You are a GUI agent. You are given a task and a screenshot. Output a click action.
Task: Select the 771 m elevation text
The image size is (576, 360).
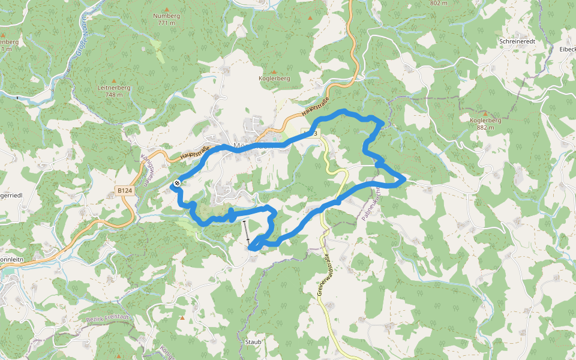[x=166, y=23]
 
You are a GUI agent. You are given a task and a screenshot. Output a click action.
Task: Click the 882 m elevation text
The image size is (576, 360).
[x=485, y=127]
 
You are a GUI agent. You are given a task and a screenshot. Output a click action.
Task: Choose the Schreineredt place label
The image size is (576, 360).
[x=516, y=41]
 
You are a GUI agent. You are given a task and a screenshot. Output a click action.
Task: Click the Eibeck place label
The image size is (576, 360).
[x=567, y=49]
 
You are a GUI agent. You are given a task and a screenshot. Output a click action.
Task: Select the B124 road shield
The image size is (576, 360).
[x=125, y=191]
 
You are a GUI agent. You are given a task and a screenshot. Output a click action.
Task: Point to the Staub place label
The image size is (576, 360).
[x=253, y=341]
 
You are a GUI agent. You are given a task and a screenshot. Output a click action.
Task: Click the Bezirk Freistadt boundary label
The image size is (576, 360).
[x=109, y=319]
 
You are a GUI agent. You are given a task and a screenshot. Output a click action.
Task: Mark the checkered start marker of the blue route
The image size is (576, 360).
[x=177, y=182]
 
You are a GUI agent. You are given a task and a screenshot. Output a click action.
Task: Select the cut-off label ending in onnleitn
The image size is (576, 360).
[x=12, y=260]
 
